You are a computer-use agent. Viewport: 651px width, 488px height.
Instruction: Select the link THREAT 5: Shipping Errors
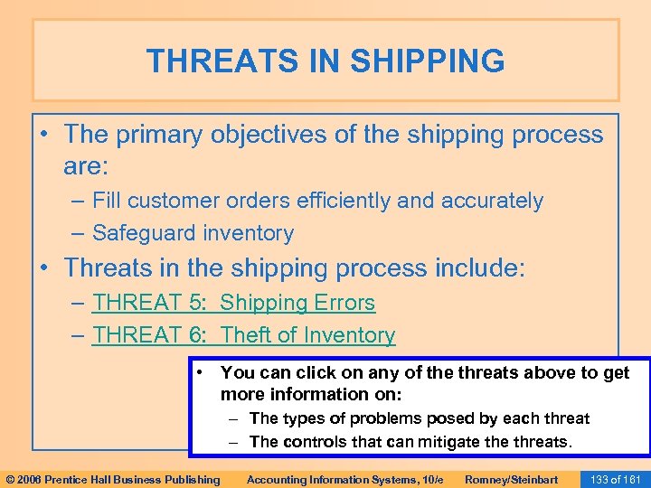(x=233, y=303)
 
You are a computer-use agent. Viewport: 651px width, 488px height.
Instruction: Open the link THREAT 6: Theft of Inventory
(x=243, y=335)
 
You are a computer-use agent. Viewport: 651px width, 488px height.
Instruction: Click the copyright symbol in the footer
(x=10, y=479)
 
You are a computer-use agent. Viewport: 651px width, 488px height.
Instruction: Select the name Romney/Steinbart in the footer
(x=510, y=479)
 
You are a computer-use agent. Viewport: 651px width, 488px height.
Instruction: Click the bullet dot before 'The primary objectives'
(x=45, y=135)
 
